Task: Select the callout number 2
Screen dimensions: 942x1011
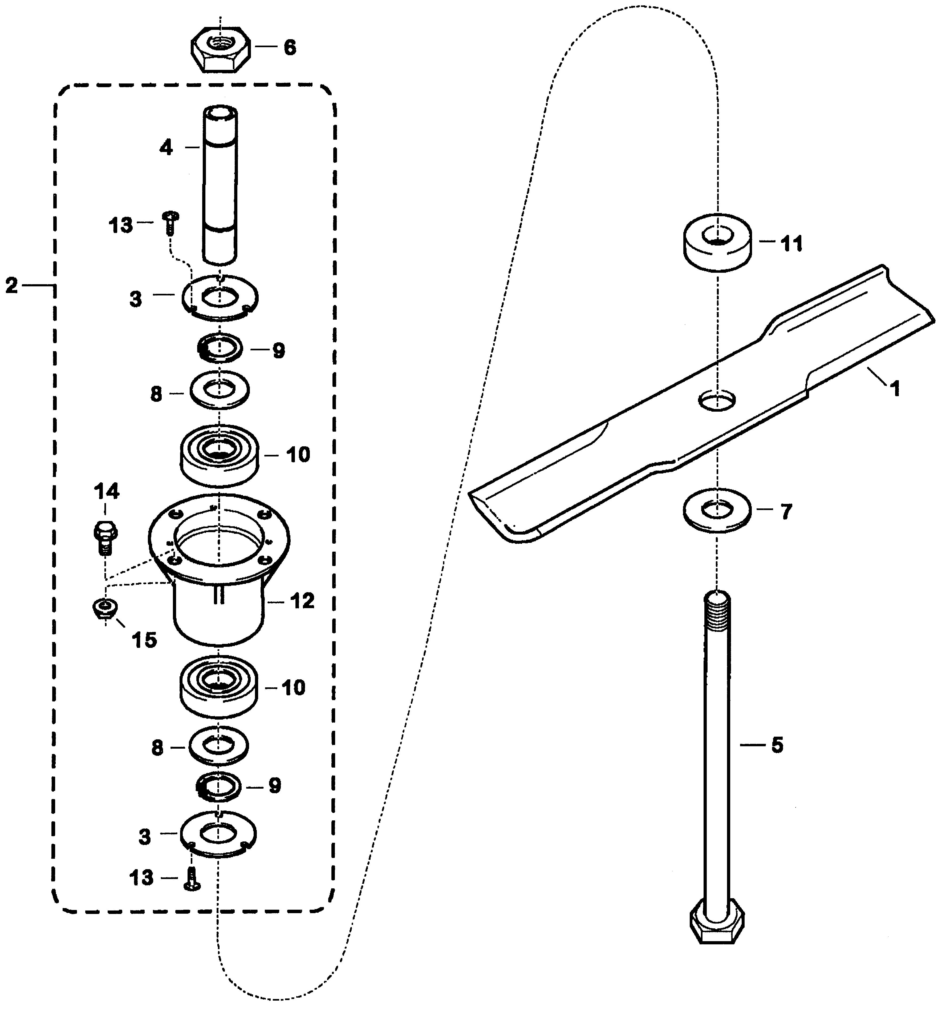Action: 12,286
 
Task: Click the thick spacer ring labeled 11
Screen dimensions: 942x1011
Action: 716,243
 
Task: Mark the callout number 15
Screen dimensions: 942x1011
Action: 144,640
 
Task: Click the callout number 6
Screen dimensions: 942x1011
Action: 289,48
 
